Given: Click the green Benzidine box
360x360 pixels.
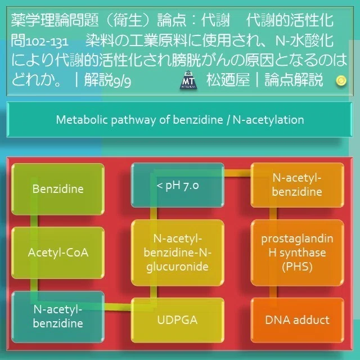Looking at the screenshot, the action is click(x=58, y=189).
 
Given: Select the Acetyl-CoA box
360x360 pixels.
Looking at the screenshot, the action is click(x=58, y=253).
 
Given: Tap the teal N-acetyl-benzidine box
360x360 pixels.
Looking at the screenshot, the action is click(x=58, y=317).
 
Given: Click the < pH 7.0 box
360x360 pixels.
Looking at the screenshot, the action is click(x=178, y=185).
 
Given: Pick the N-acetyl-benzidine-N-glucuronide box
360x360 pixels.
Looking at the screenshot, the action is click(x=178, y=253).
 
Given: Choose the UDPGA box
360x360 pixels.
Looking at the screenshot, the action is click(x=178, y=320).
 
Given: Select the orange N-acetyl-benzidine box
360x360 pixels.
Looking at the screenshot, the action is click(x=297, y=185).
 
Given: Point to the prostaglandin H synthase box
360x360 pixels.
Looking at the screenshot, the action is click(x=297, y=253).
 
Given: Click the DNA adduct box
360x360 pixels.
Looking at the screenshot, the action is click(x=297, y=320).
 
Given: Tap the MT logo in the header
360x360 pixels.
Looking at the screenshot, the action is click(x=188, y=80).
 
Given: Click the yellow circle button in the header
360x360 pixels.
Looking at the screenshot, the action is click(x=341, y=80).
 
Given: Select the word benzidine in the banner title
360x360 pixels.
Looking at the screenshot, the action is click(x=197, y=120).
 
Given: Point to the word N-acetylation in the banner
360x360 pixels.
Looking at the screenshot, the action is click(x=268, y=120).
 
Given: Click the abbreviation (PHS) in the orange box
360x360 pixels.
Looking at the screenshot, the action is click(x=297, y=267).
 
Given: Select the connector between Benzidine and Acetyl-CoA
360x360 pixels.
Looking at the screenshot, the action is click(x=34, y=221).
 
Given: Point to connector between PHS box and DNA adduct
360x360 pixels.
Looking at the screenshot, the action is click(x=273, y=292).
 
